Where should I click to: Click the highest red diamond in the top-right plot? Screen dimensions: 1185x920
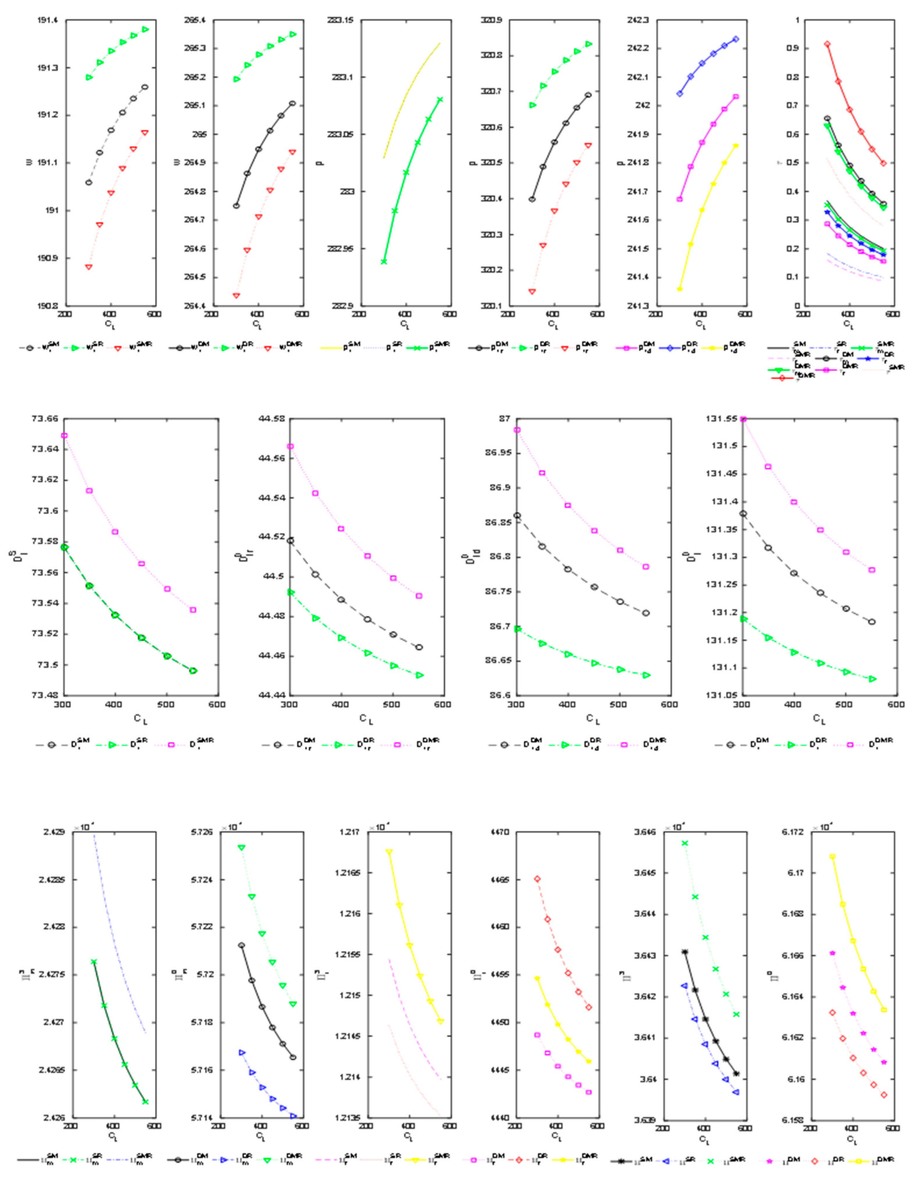pyautogui.click(x=827, y=44)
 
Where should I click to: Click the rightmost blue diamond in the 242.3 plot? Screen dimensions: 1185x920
pyautogui.click(x=736, y=39)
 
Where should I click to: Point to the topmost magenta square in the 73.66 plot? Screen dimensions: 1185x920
pyautogui.click(x=65, y=436)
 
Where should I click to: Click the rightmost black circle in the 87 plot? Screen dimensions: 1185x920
pyautogui.click(x=646, y=613)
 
